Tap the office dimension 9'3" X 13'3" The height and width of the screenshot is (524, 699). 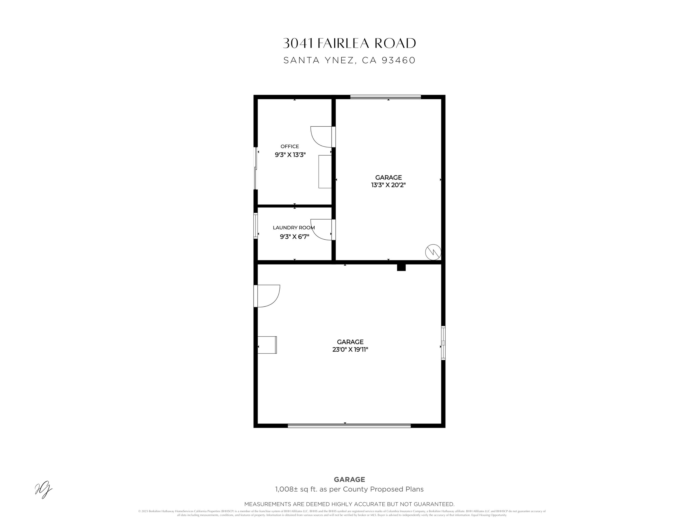290,155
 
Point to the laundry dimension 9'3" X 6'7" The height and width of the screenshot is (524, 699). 294,237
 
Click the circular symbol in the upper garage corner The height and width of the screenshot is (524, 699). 433,252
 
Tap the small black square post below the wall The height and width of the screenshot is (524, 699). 401,268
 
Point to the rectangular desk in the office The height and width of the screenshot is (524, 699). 325,171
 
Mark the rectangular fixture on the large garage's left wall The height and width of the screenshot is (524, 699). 267,345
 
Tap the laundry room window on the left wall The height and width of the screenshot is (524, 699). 256,226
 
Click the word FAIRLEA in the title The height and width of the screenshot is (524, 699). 343,44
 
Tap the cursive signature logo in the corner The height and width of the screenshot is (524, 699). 43,489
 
